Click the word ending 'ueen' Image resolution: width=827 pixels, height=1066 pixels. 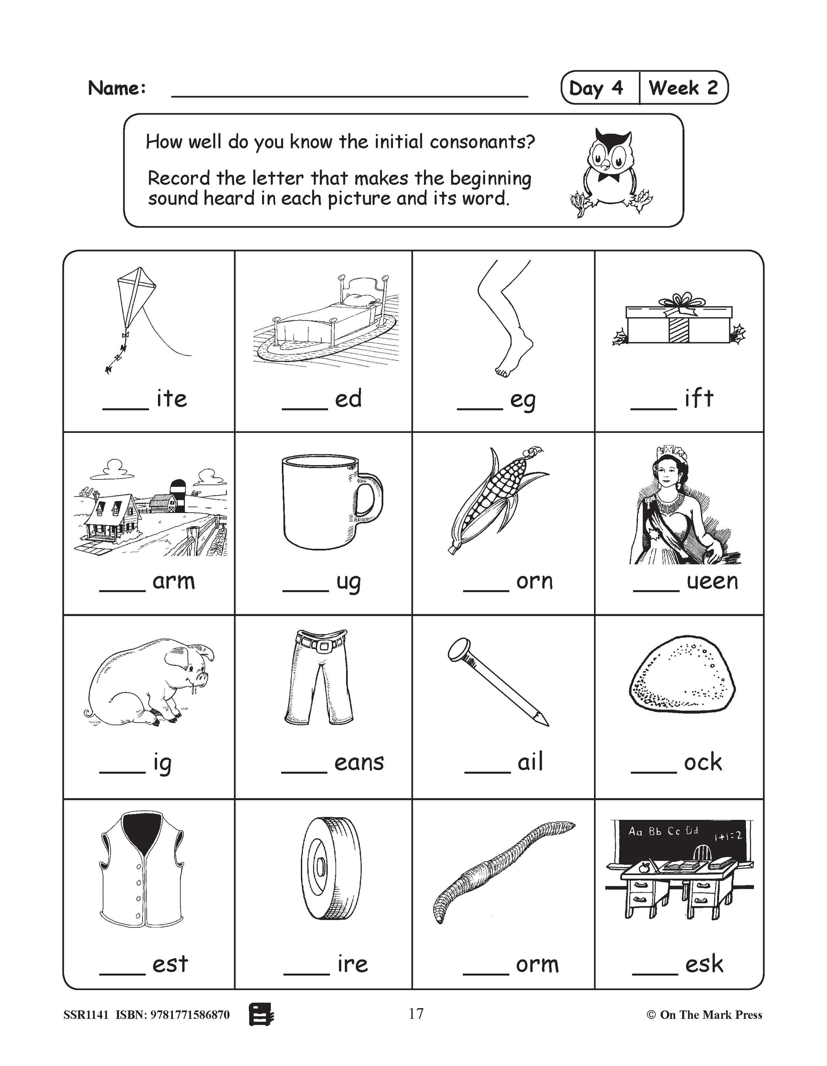[x=712, y=581]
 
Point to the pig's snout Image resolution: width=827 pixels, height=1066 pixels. [x=202, y=677]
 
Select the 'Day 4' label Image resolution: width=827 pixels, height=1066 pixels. [x=596, y=88]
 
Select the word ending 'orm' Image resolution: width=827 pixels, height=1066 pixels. [x=537, y=964]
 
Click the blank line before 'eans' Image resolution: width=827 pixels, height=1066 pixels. [x=304, y=772]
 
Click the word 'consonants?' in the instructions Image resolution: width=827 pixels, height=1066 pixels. [x=482, y=142]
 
